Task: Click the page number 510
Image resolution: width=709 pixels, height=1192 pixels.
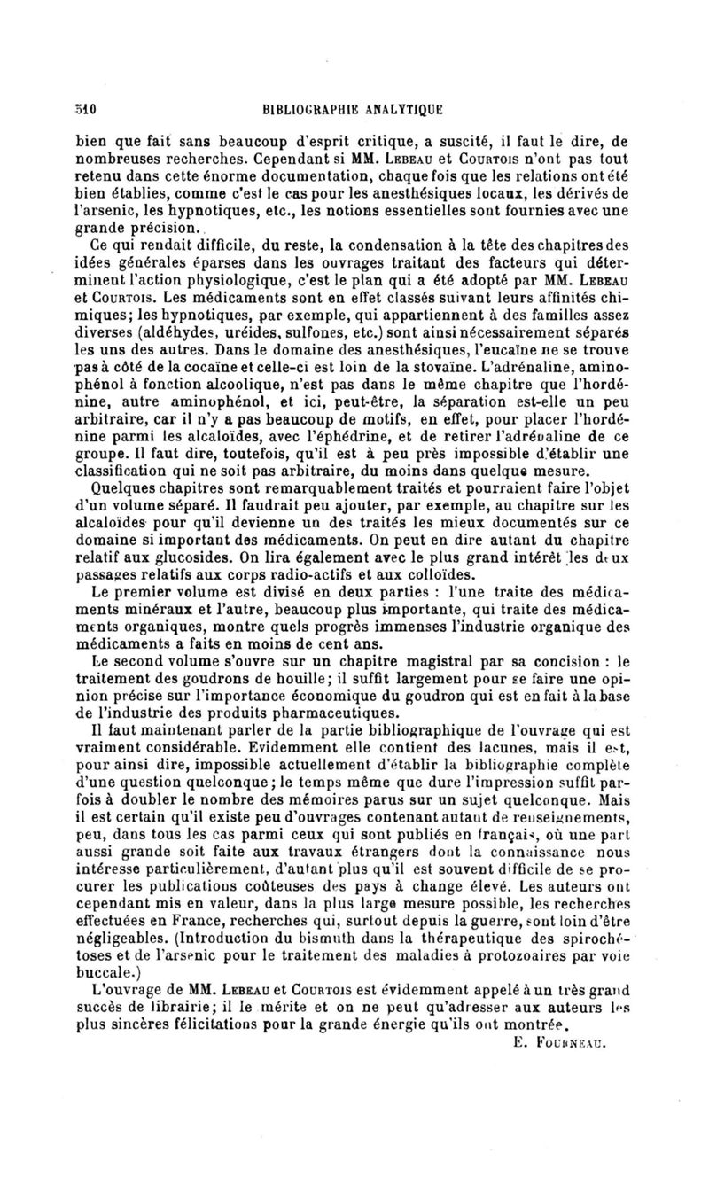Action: pos(85,110)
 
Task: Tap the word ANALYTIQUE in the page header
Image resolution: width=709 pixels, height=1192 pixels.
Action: pos(396,110)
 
